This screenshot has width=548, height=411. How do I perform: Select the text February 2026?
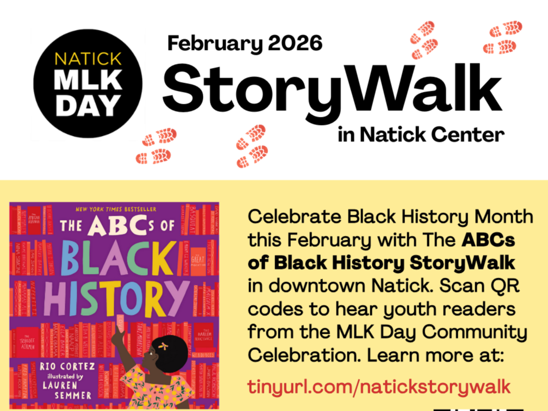click(x=245, y=43)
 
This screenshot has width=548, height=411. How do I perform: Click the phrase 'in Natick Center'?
click(x=420, y=133)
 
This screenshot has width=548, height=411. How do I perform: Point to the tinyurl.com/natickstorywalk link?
click(x=379, y=386)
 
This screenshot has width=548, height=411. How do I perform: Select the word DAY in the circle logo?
click(x=88, y=105)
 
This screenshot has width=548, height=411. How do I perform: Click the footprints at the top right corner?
click(x=502, y=37)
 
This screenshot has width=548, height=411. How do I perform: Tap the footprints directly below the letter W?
click(x=252, y=145)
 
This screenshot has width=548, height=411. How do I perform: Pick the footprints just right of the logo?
click(x=157, y=146)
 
